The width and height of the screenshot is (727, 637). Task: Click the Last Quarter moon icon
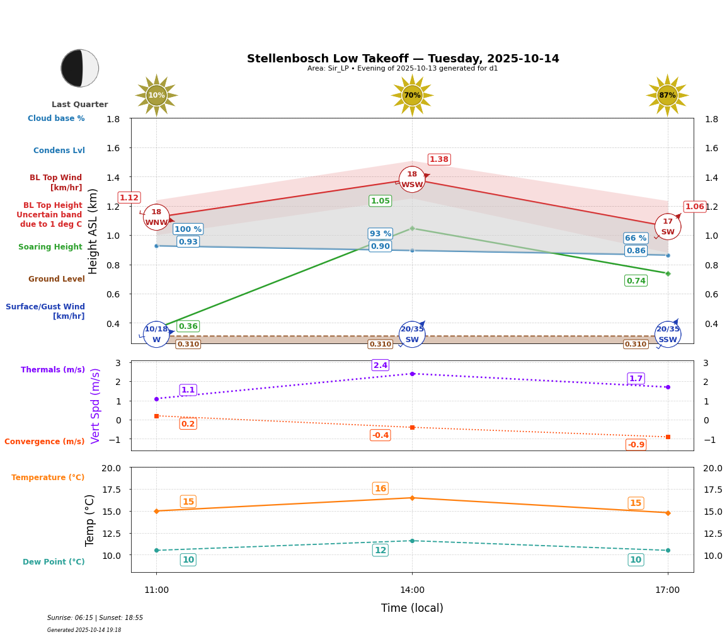(80, 68)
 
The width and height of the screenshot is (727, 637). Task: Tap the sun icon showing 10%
(156, 96)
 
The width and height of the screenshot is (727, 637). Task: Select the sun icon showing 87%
(667, 96)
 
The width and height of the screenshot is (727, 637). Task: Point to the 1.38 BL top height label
(439, 159)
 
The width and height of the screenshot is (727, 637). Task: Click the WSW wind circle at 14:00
(412, 180)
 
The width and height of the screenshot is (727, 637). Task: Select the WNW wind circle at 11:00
(156, 217)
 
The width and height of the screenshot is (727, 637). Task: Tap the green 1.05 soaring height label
(381, 201)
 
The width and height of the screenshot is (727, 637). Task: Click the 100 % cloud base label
(188, 229)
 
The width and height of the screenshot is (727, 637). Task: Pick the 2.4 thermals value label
(381, 365)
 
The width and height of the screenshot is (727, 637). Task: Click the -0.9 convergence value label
(636, 445)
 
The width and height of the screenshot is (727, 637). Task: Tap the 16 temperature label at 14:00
(381, 488)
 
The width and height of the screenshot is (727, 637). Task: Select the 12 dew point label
(381, 550)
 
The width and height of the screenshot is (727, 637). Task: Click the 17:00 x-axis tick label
(667, 590)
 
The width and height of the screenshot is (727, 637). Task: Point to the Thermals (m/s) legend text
(53, 370)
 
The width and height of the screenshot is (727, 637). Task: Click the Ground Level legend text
(57, 279)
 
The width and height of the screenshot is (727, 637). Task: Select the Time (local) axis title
(412, 608)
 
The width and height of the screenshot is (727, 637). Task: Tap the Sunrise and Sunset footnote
(95, 618)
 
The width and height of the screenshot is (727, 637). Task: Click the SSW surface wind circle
(667, 335)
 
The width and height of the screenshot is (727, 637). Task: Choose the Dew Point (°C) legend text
(54, 562)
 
